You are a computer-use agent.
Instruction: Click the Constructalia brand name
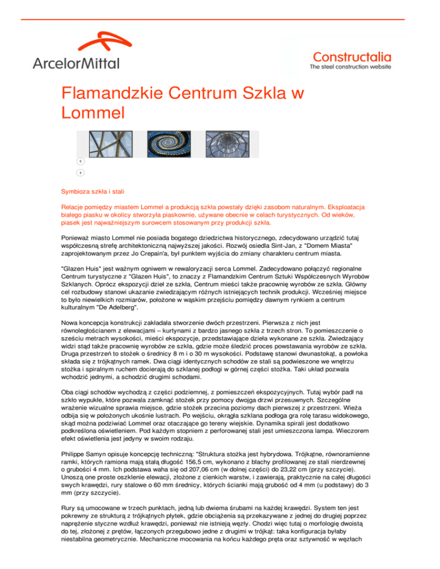pyautogui.click(x=352, y=56)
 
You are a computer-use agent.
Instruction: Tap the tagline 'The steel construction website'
pyautogui.click(x=350, y=67)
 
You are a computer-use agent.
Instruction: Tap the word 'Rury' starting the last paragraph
pyautogui.click(x=69, y=512)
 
